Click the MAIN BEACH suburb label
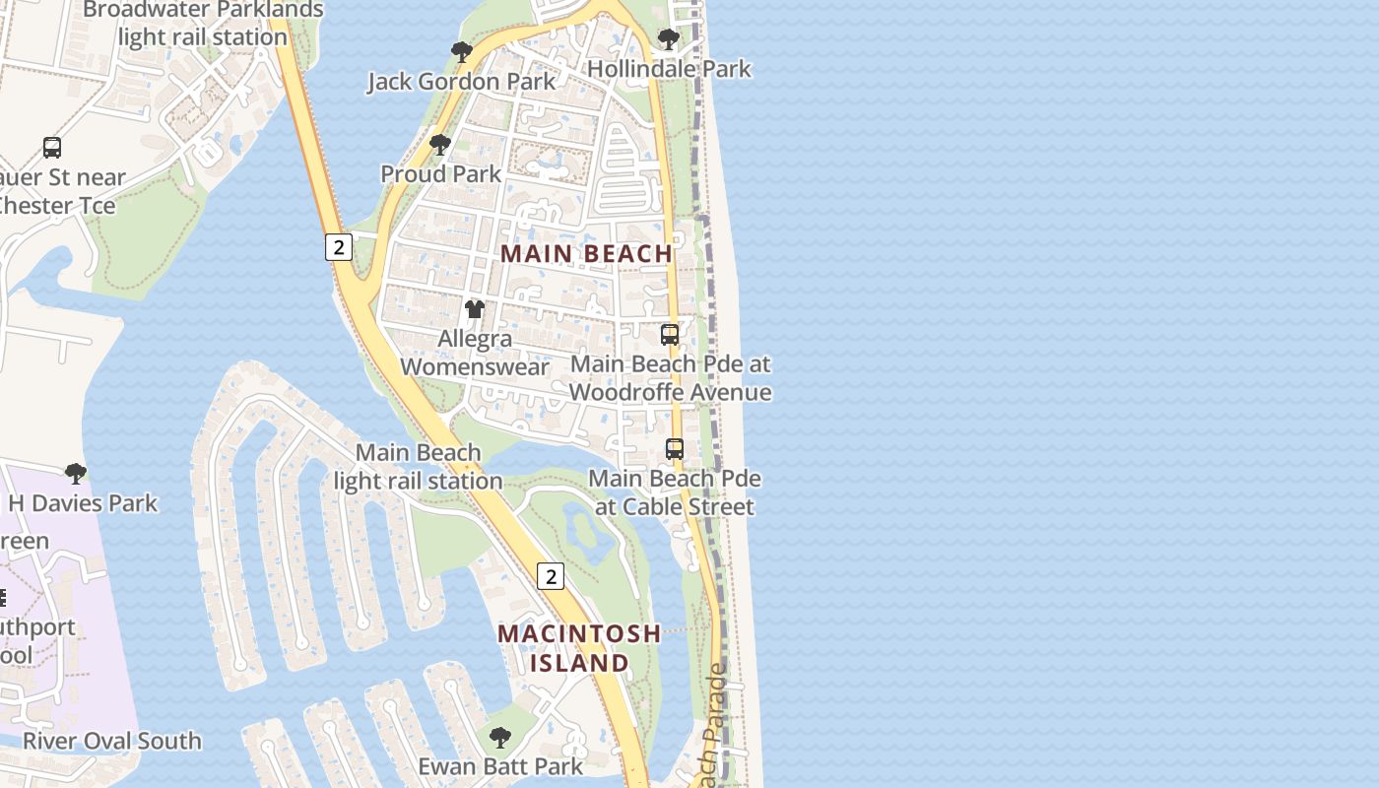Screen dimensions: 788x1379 [x=586, y=253]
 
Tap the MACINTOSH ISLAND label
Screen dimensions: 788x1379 [x=579, y=647]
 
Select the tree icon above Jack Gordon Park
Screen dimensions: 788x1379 [x=461, y=52]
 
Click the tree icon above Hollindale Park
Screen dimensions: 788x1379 [x=669, y=40]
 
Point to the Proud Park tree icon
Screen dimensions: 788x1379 [x=440, y=145]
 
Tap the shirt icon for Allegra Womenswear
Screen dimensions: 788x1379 [x=475, y=309]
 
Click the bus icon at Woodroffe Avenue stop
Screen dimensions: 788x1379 [x=670, y=335]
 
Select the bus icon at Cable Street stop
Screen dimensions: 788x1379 [x=675, y=449]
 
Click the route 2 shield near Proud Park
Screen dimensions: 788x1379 [x=338, y=246]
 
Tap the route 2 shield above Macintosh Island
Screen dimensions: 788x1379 [x=550, y=576]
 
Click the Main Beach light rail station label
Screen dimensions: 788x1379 [x=419, y=467]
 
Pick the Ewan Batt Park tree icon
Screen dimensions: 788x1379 [x=500, y=737]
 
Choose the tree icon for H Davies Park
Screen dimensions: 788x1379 [x=75, y=474]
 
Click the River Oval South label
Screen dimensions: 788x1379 [x=111, y=741]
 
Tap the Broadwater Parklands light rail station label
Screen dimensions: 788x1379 [x=203, y=24]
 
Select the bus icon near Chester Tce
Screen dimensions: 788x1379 [x=52, y=148]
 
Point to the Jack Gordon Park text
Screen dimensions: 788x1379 [x=462, y=82]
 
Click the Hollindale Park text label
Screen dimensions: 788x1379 [x=669, y=69]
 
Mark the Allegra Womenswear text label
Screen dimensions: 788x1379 [x=475, y=353]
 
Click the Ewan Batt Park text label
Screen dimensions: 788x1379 [x=500, y=766]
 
